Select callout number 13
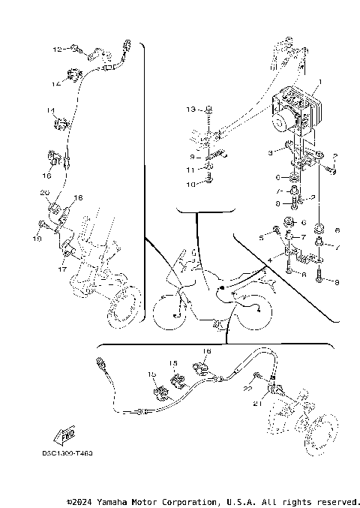190,109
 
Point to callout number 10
190,184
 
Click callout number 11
190,170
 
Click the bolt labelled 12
75,50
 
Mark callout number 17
64,268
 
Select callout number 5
262,237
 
